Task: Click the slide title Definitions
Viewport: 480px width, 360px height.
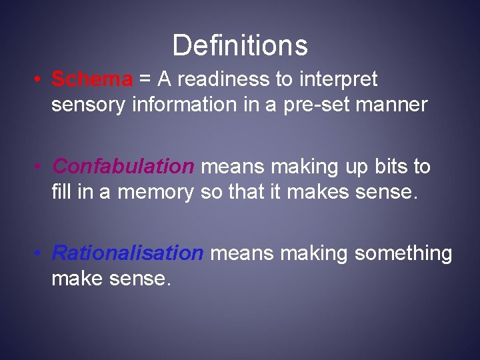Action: [240, 45]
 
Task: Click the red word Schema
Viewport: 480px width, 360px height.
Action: [92, 79]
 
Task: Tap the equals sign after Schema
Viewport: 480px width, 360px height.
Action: [145, 80]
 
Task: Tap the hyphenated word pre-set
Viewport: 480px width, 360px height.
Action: [309, 105]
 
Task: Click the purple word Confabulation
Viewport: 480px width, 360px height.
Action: [123, 166]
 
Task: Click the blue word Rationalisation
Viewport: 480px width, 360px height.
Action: [127, 253]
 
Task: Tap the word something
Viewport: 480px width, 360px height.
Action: [403, 254]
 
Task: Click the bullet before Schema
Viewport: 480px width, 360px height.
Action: [40, 80]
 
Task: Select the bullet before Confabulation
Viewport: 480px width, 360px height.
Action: [40, 167]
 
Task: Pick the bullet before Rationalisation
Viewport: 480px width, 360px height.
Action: [40, 254]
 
